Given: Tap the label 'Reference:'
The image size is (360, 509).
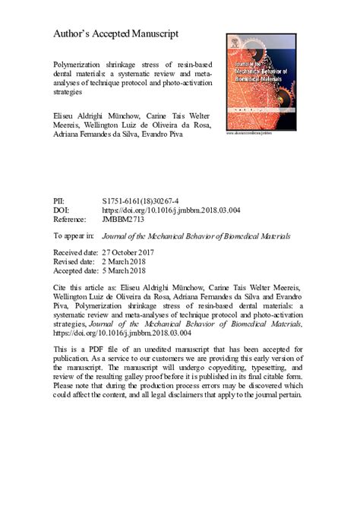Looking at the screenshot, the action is pyautogui.click(x=73, y=219).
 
